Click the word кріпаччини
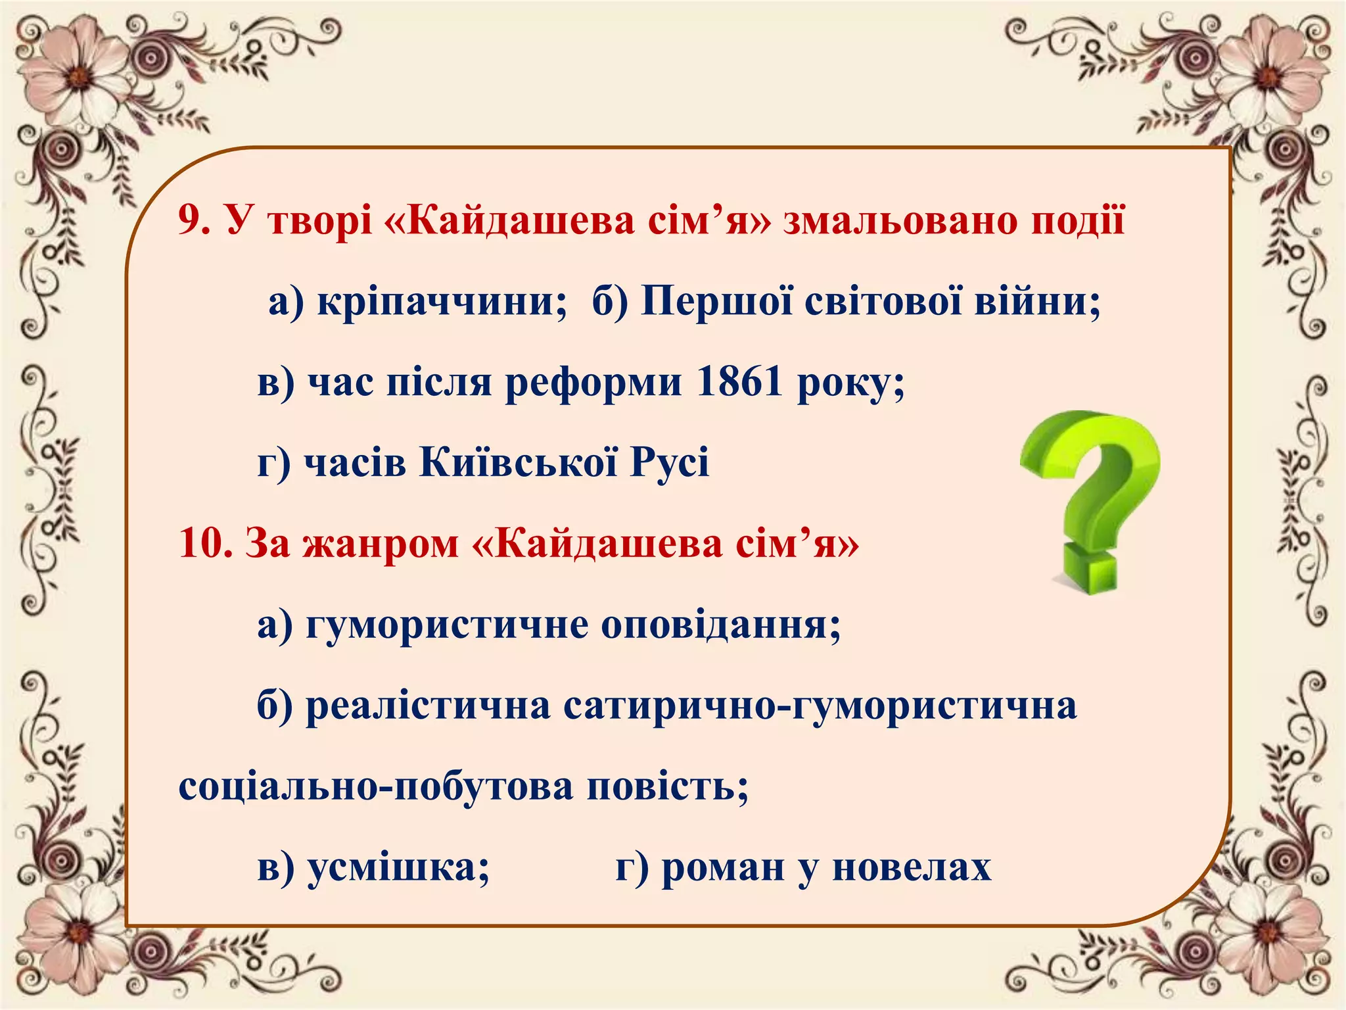(x=442, y=302)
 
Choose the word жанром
(x=381, y=544)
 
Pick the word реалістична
(x=428, y=706)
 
